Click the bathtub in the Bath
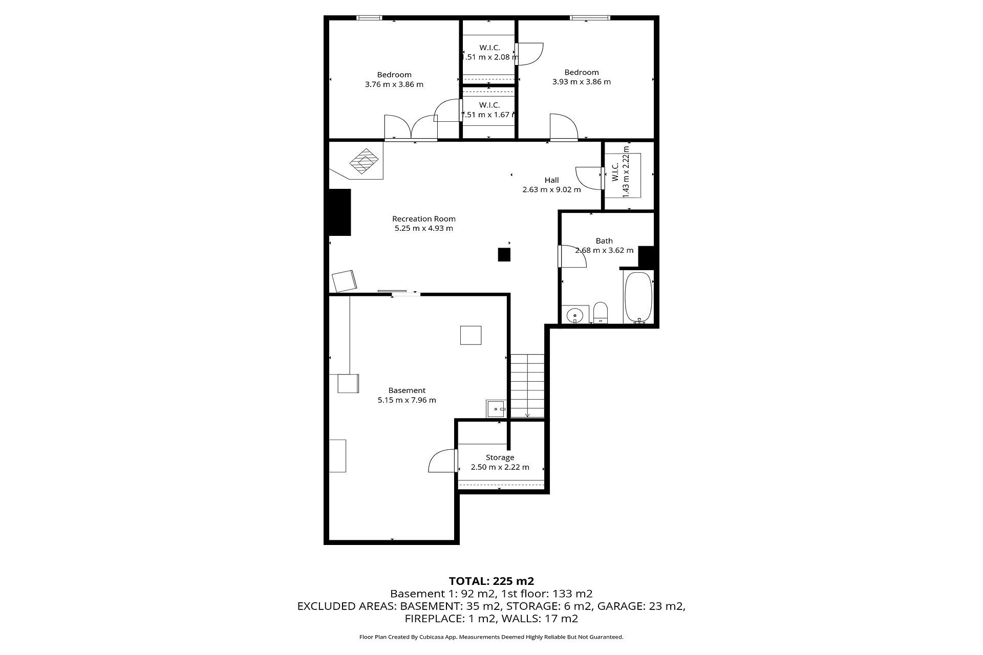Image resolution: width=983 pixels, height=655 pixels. point(638,297)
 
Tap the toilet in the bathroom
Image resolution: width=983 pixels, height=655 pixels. point(600,313)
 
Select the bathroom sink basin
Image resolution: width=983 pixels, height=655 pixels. point(575,315)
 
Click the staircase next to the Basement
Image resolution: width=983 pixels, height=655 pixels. point(527,386)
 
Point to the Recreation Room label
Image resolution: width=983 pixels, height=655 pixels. point(424,219)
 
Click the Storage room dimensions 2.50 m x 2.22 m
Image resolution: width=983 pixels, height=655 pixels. point(500,467)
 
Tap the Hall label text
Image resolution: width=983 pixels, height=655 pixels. point(552,180)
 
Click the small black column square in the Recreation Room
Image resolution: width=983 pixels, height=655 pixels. point(504,254)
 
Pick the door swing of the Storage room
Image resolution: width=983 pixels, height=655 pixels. point(441,461)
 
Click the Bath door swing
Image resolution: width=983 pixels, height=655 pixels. point(572,256)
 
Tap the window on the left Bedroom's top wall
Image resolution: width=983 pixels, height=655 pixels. point(369,18)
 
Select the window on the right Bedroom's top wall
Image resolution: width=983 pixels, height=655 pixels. point(591,18)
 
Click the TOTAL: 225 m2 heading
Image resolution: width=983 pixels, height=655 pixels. point(491,581)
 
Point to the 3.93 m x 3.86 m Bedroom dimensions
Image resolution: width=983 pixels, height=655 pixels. point(582,82)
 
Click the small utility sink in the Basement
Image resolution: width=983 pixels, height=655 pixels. point(496,409)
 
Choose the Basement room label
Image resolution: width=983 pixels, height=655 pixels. point(407,390)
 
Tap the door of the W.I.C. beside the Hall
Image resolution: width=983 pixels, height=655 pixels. point(589,177)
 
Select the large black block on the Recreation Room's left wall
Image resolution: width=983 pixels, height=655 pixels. point(339,212)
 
